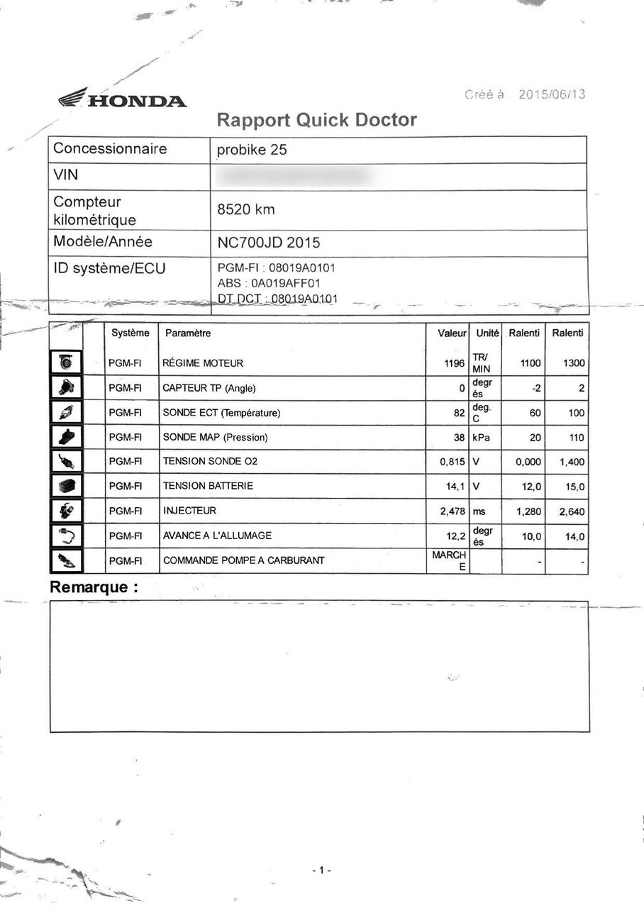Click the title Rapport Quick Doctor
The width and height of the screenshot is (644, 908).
[316, 120]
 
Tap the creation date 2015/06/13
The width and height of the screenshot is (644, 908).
[552, 94]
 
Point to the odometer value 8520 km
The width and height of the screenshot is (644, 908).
[245, 210]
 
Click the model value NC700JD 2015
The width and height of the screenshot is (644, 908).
[268, 243]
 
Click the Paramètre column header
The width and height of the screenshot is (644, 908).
[187, 333]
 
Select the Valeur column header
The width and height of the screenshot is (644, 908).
[452, 333]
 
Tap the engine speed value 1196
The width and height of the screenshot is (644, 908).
[454, 364]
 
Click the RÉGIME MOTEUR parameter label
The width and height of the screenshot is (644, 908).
[203, 364]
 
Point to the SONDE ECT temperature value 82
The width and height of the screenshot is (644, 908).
[459, 413]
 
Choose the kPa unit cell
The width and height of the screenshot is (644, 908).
[481, 438]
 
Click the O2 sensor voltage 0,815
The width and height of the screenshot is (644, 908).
[453, 462]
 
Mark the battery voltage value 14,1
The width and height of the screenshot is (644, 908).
[455, 487]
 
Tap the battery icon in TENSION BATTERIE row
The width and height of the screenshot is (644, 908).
[67, 487]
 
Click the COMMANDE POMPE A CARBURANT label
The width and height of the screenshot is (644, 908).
[243, 560]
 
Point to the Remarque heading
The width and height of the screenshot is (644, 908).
[93, 587]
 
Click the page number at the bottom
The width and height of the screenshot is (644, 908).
[321, 870]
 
